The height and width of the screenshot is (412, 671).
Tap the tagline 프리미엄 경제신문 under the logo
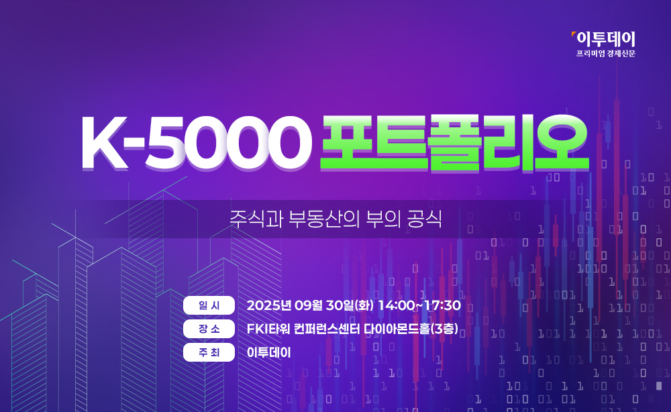(x=605, y=54)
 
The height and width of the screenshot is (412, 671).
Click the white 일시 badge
(x=209, y=305)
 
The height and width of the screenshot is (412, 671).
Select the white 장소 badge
(x=209, y=329)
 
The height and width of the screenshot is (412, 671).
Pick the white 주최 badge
(x=209, y=352)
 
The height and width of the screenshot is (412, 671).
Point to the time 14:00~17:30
(x=419, y=305)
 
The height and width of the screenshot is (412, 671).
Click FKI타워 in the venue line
(x=268, y=329)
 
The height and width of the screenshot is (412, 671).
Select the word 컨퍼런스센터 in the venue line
(x=327, y=329)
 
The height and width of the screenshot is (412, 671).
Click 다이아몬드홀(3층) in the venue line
(x=411, y=329)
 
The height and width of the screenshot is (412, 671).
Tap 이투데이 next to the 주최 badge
(x=269, y=352)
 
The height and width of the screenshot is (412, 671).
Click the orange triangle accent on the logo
(x=574, y=34)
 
